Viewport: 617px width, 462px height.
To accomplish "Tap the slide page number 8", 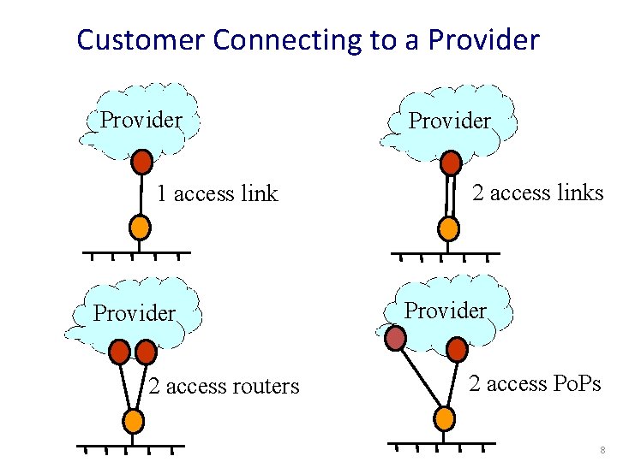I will point(603,450).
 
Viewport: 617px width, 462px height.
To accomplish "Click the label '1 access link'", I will point(217,194).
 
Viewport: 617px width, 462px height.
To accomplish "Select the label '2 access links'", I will point(538,193).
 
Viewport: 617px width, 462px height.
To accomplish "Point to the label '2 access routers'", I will point(224,387).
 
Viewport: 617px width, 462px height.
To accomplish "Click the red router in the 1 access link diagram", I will point(142,162).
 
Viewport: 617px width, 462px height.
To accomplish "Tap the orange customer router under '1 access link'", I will point(140,227).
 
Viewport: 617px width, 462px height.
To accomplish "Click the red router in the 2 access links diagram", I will point(450,163).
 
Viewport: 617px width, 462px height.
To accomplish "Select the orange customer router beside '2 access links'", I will point(448,228).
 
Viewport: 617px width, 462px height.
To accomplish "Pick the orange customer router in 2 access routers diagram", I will point(133,420).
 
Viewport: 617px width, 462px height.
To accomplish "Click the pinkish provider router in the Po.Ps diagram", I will point(395,340).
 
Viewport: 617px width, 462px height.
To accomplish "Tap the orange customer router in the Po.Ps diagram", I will point(445,418).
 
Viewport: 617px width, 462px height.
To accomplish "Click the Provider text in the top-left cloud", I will point(141,120).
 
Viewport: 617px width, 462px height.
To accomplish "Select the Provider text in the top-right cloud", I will point(449,121).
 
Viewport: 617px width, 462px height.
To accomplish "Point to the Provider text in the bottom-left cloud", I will point(134,314).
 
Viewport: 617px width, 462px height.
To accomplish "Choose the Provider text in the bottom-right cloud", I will point(445,311).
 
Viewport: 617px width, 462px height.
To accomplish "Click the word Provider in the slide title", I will point(483,40).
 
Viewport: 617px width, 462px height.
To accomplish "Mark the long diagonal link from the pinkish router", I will point(420,378).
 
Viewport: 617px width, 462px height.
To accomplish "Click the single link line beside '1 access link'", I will point(141,194).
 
